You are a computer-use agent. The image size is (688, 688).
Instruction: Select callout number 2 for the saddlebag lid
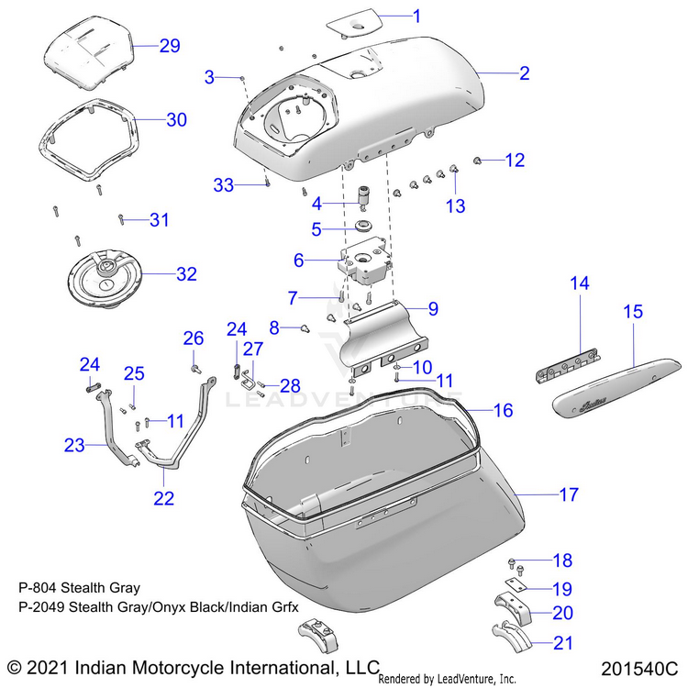[524, 72]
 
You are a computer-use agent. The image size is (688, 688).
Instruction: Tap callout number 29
[170, 45]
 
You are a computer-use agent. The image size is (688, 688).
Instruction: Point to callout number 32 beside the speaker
[186, 273]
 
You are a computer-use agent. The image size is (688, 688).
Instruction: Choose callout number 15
[634, 312]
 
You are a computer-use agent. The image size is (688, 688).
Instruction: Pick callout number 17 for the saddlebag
[569, 494]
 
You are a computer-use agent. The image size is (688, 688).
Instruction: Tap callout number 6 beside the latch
[298, 260]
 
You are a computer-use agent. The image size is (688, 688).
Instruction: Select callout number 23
[74, 446]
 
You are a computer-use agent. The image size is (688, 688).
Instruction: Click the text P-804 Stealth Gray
[79, 588]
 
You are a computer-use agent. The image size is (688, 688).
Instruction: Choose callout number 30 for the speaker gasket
[176, 119]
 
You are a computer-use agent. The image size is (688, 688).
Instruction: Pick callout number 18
[561, 560]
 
